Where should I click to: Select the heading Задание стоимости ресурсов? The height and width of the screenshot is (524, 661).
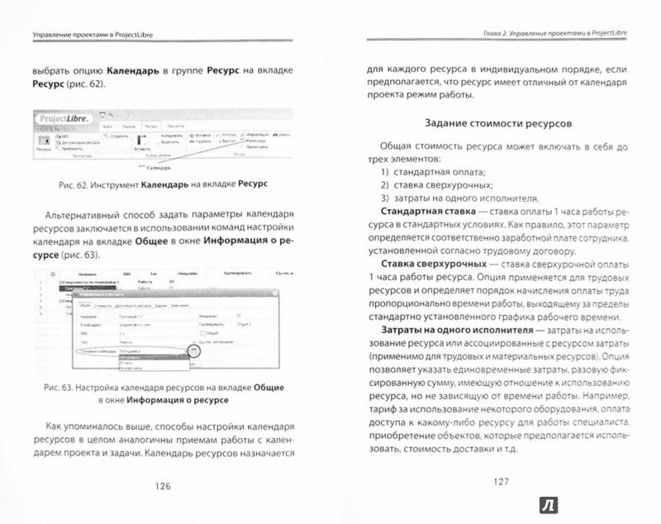click(x=493, y=123)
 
